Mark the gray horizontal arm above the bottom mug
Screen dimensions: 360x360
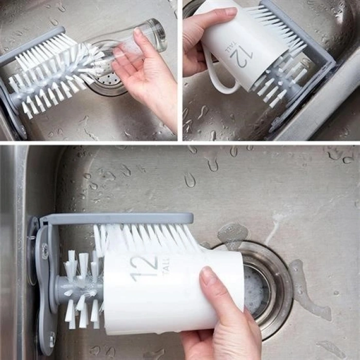click(118, 218)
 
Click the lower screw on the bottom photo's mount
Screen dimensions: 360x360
click(52, 339)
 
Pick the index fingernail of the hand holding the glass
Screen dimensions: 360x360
click(138, 32)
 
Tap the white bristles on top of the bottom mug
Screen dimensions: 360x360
click(144, 238)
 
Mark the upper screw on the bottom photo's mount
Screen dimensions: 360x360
click(45, 251)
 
